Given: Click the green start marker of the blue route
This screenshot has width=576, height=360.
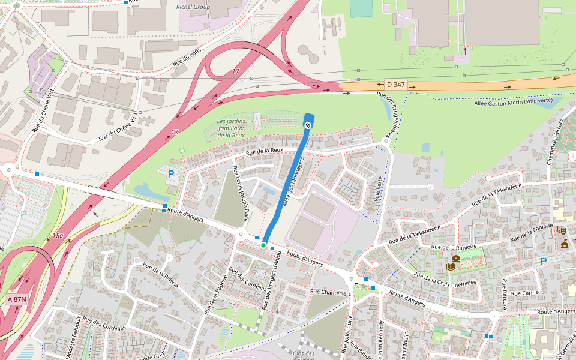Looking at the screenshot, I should pyautogui.click(x=263, y=245).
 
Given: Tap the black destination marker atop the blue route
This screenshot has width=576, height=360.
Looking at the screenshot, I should pyautogui.click(x=308, y=125).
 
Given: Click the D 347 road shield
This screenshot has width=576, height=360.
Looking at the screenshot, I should pyautogui.click(x=396, y=85).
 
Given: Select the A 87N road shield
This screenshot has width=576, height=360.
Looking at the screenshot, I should pyautogui.click(x=16, y=299).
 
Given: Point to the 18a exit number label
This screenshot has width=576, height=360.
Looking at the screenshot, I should pyautogui.click(x=58, y=236).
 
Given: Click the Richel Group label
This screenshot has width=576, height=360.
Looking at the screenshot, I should pyautogui.click(x=193, y=7).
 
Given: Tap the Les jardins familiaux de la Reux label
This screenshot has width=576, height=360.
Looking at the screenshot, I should pyautogui.click(x=231, y=128).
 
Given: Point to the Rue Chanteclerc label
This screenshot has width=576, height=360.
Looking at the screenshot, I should pyautogui.click(x=330, y=292).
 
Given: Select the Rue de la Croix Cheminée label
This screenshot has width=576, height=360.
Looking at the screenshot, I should pyautogui.click(x=445, y=280).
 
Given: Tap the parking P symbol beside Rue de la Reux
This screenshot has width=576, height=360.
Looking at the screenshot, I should pyautogui.click(x=171, y=174).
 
